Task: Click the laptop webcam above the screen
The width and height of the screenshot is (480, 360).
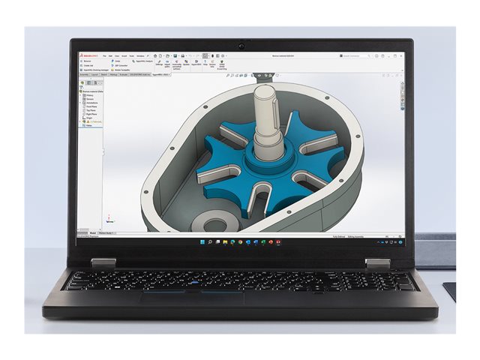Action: [x=241, y=46]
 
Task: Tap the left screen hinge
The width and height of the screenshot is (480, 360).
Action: [x=103, y=263]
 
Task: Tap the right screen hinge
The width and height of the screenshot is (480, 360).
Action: [x=378, y=263]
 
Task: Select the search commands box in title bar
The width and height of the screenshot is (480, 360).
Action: [x=355, y=55]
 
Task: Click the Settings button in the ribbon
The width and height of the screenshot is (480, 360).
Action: [x=159, y=64]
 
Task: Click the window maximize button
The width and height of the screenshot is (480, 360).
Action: [x=395, y=55]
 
